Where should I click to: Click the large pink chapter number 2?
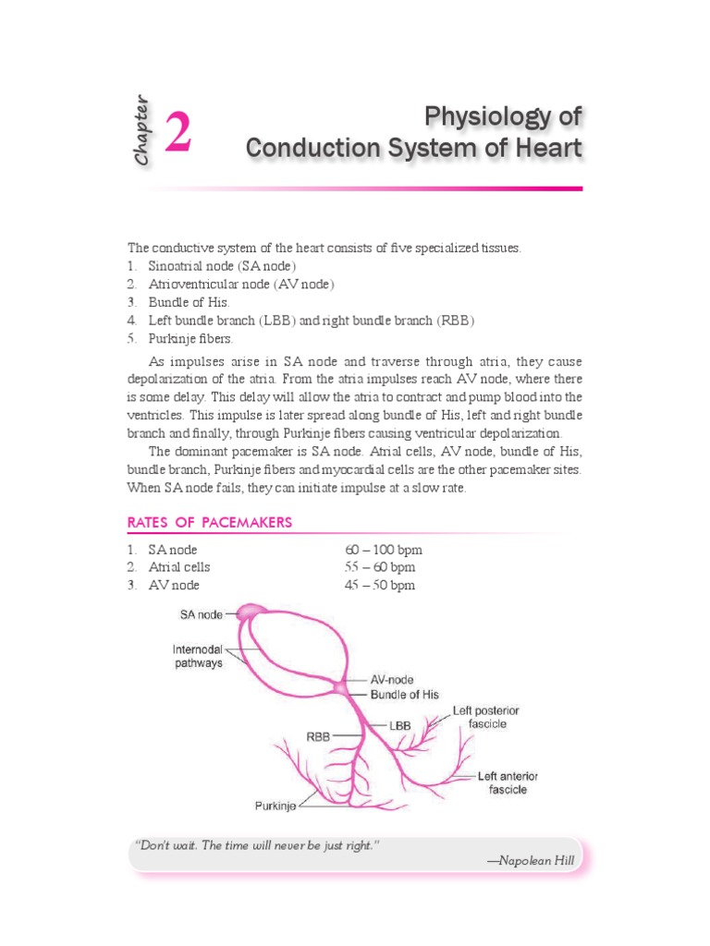(x=178, y=130)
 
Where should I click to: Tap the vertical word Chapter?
(x=141, y=130)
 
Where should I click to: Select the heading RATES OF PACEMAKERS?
(x=209, y=523)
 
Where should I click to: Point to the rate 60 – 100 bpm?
(x=383, y=550)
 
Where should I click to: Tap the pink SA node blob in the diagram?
(x=251, y=612)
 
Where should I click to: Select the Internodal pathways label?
(x=198, y=656)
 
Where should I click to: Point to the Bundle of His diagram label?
(x=405, y=694)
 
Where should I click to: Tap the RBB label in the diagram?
(x=318, y=737)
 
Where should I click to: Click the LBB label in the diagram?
(x=400, y=727)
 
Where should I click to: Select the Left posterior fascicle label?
(x=485, y=717)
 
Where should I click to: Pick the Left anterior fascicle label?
(x=508, y=782)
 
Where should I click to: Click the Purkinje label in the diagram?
(x=275, y=806)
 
